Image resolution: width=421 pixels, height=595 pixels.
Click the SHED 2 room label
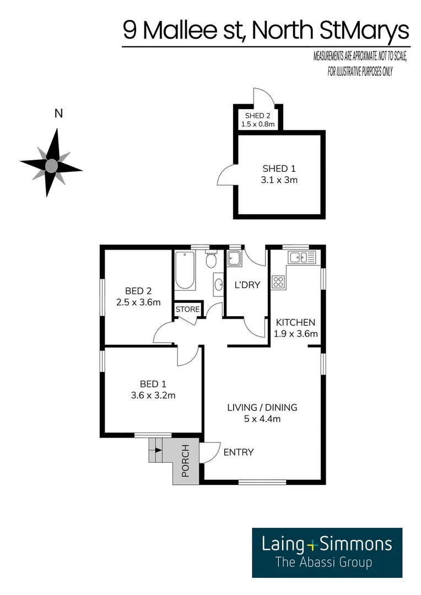pyautogui.click(x=258, y=116)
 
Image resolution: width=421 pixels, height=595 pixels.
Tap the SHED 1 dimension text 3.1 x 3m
pyautogui.click(x=280, y=180)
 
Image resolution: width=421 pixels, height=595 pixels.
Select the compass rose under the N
pyautogui.click(x=51, y=164)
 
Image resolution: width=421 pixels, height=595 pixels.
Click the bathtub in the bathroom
pyautogui.click(x=185, y=271)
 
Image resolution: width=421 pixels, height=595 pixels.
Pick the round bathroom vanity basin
pyautogui.click(x=218, y=285)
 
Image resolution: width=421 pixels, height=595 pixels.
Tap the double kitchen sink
pyautogui.click(x=301, y=257)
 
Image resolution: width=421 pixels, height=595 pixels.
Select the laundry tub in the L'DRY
pyautogui.click(x=234, y=258)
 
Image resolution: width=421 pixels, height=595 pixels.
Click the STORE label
pyautogui.click(x=187, y=310)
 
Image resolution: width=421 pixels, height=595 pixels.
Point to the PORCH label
pyautogui.click(x=186, y=461)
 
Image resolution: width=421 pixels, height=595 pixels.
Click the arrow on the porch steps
pyautogui.click(x=159, y=450)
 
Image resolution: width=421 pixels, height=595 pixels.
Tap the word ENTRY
pyautogui.click(x=239, y=452)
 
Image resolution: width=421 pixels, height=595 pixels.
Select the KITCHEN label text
pyautogui.click(x=295, y=322)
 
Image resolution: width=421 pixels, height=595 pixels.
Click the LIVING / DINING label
pyautogui.click(x=262, y=408)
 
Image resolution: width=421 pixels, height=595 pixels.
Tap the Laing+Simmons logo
pyautogui.click(x=327, y=552)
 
